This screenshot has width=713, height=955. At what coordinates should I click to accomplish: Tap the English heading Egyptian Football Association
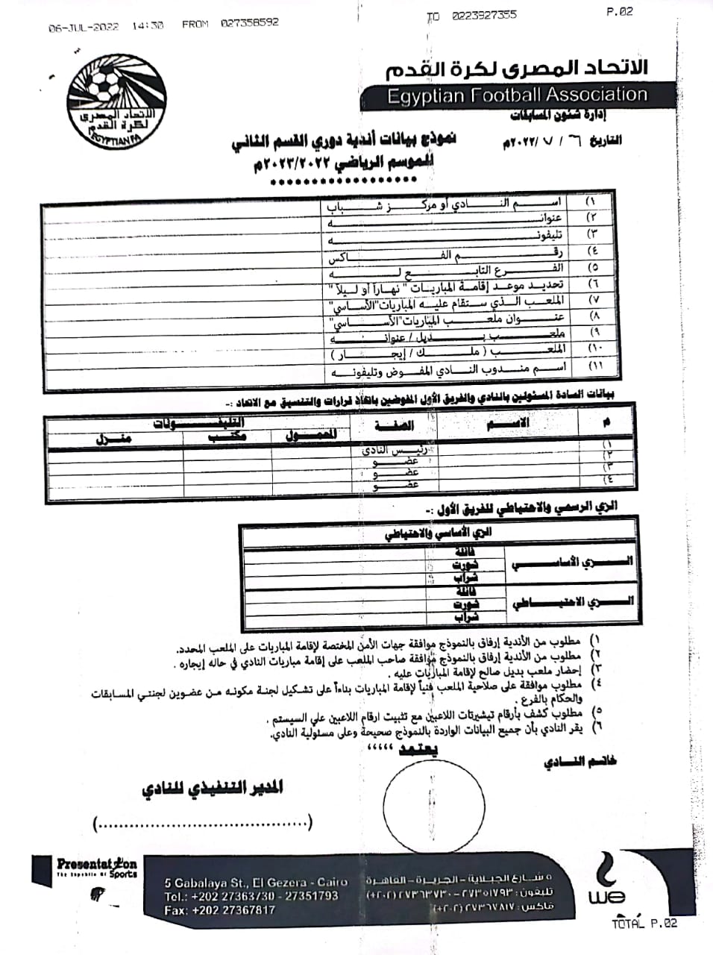coord(517,95)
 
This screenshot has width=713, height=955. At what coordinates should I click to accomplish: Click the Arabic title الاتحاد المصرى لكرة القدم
coord(516,69)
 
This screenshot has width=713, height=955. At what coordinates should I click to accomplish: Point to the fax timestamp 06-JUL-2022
coord(84,27)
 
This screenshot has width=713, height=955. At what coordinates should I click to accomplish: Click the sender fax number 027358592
coord(249,23)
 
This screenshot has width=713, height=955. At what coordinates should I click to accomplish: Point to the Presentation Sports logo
coord(96,869)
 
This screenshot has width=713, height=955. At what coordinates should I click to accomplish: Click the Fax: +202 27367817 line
coord(220,910)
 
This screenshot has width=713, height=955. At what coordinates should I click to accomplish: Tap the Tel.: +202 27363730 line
coord(251,896)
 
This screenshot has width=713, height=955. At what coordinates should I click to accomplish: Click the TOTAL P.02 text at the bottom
coord(644,923)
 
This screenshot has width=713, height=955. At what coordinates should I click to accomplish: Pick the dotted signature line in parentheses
coord(202,824)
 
